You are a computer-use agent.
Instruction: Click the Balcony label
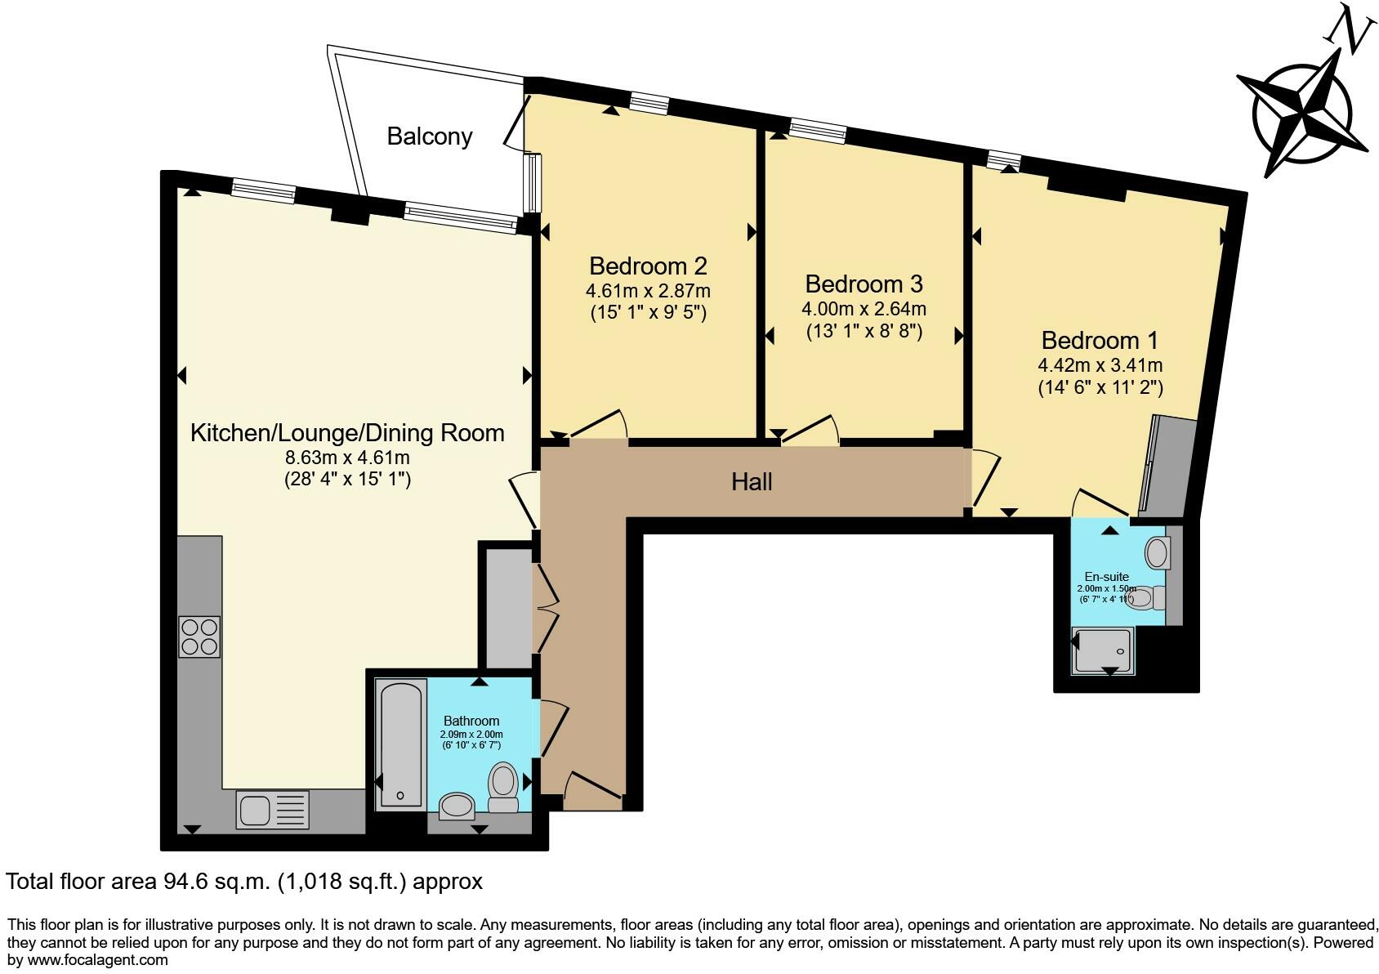[x=430, y=136]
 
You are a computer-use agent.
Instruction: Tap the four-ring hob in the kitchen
[x=199, y=637]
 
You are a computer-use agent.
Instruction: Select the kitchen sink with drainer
[x=273, y=811]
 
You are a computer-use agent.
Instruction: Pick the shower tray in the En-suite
[x=1103, y=650]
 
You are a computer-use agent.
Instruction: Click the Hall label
[x=752, y=482]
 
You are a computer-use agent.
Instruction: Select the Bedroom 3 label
[x=864, y=284]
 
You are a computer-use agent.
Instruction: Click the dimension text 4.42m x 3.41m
[x=1100, y=365]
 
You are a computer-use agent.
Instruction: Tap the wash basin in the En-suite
[x=1158, y=553]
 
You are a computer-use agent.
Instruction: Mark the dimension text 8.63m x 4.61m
[x=347, y=458]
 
